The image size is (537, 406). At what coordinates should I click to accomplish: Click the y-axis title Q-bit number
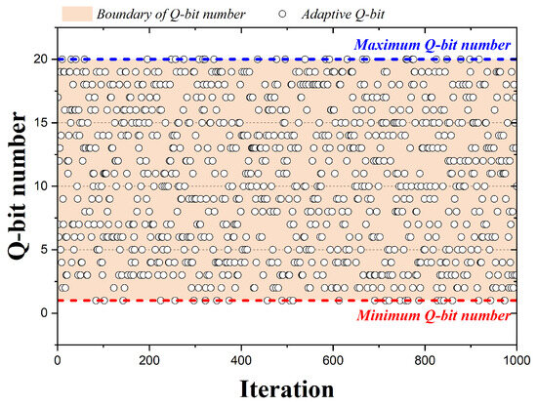point(17,184)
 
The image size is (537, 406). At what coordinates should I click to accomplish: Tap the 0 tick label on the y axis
point(46,313)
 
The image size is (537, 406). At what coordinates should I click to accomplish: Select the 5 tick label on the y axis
point(46,250)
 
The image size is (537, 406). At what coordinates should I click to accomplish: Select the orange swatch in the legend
point(76,12)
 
